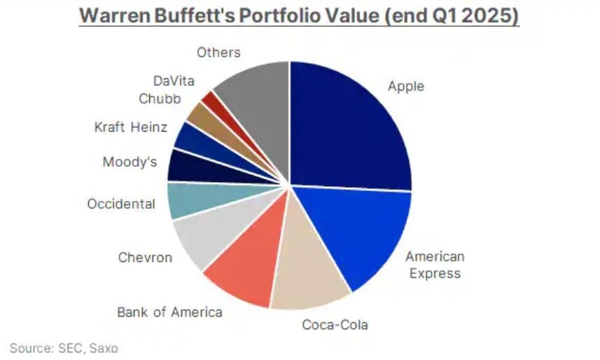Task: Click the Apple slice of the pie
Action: click(x=350, y=126)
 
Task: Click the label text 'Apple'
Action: click(x=406, y=87)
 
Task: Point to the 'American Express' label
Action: click(x=434, y=265)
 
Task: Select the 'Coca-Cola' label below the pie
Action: click(x=335, y=325)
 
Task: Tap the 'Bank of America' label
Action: click(x=169, y=312)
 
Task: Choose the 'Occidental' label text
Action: click(x=120, y=204)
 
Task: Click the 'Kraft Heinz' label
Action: click(x=131, y=127)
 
